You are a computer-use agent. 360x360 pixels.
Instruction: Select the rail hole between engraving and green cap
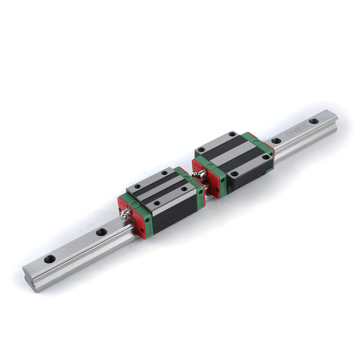click(x=277, y=141)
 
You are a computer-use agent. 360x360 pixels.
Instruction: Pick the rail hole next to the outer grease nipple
click(x=102, y=232)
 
